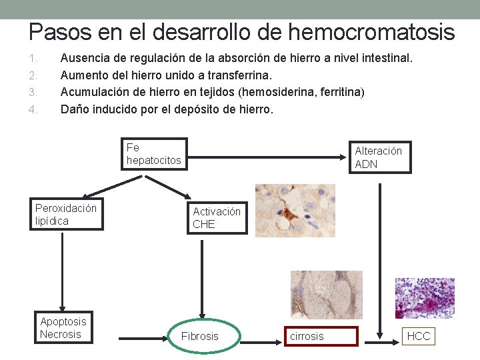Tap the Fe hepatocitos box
[x=155, y=154]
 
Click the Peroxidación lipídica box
[x=67, y=215]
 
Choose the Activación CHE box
[x=217, y=218]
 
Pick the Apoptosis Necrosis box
[x=63, y=328]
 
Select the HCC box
[x=419, y=336]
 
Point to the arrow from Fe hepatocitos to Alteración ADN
[x=267, y=158]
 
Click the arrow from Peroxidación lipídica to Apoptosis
[x=61, y=270]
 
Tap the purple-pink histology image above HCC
[x=425, y=298]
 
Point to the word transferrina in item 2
[x=241, y=75]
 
